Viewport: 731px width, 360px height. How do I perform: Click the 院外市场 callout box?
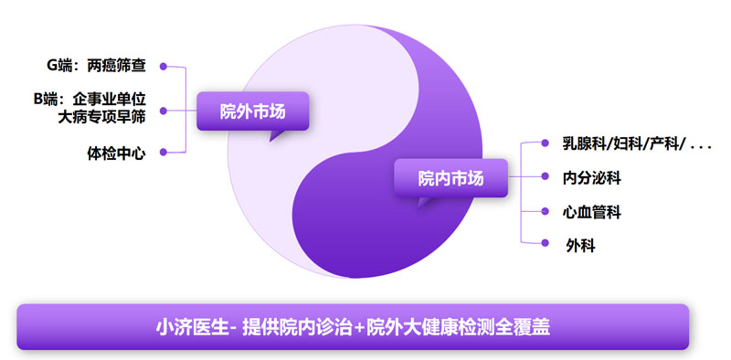(252, 111)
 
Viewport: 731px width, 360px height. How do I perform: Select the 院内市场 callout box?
(450, 178)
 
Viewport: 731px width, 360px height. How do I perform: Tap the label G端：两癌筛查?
(97, 66)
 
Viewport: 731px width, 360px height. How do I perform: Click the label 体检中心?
(117, 154)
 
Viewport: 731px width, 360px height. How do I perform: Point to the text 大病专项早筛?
(101, 117)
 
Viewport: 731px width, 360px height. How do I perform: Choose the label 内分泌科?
(592, 177)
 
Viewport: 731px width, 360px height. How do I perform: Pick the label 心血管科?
(592, 212)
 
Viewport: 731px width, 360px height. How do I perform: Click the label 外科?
(580, 245)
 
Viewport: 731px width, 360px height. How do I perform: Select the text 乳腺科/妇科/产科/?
(624, 144)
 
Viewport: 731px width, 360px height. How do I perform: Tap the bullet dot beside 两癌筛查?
(164, 66)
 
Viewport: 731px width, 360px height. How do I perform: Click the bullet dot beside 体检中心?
(164, 152)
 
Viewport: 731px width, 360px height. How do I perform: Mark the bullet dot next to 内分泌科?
(545, 176)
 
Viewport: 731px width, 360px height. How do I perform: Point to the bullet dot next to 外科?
(545, 242)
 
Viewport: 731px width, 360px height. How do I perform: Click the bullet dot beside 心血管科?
(545, 211)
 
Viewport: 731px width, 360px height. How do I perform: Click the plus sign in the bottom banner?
(359, 328)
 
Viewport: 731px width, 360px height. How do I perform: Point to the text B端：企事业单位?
(90, 99)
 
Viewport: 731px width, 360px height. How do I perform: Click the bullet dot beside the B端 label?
(164, 111)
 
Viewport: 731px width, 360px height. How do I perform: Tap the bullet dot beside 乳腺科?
(545, 143)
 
